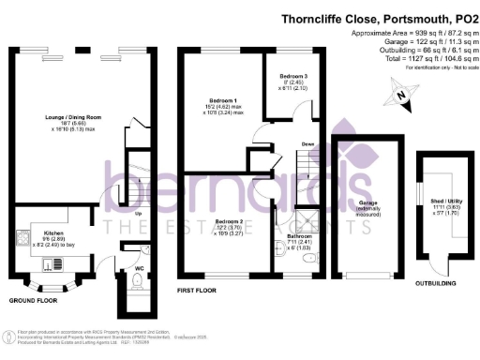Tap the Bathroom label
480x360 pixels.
point(300,237)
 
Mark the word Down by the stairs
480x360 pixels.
point(307,143)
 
